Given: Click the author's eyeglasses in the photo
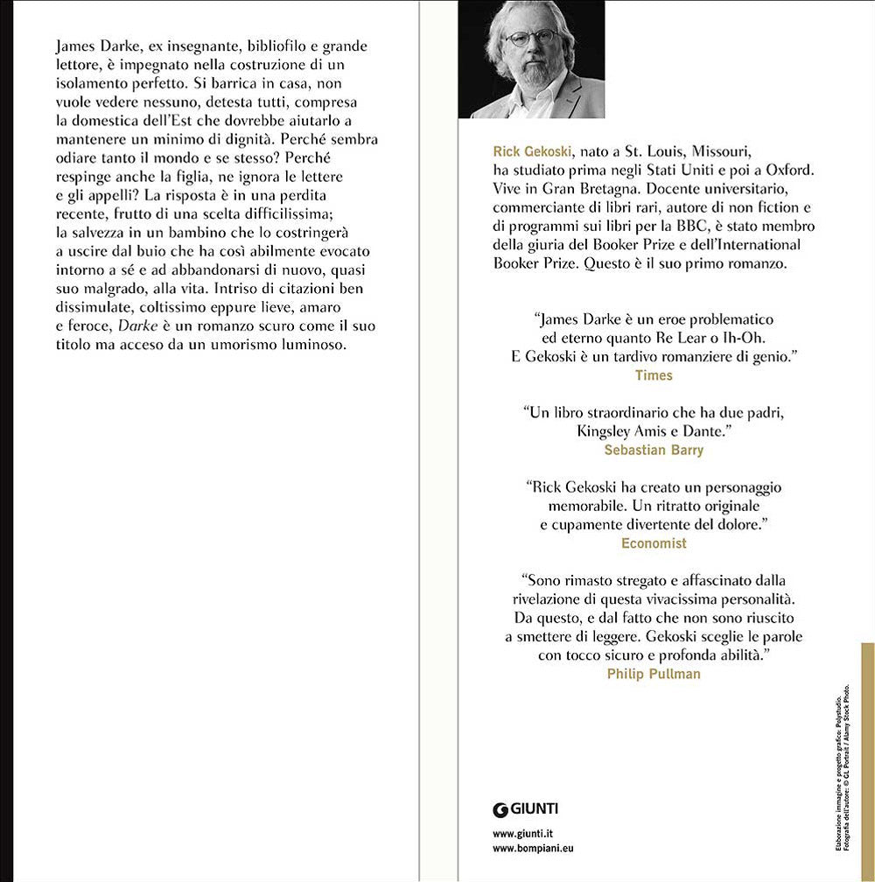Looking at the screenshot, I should [x=530, y=38].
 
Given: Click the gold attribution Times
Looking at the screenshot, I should [x=654, y=374].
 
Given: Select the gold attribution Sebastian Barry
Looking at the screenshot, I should [x=654, y=451].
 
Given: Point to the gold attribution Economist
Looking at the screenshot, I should [x=654, y=543].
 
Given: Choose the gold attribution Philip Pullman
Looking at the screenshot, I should [x=654, y=674].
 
